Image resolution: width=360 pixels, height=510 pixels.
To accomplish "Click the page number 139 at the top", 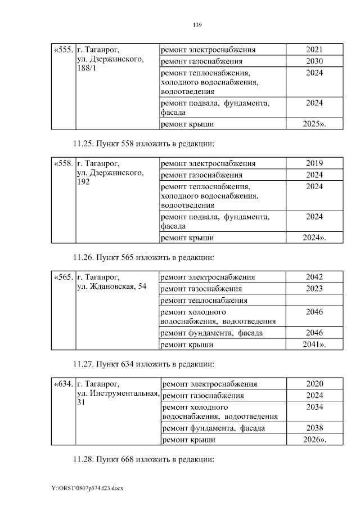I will (x=197, y=25).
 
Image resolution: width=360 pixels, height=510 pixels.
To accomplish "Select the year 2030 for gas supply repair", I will (x=314, y=61).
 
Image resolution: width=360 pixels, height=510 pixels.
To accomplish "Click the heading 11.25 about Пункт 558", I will (x=143, y=143).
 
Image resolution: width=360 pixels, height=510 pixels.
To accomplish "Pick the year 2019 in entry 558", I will (x=314, y=164).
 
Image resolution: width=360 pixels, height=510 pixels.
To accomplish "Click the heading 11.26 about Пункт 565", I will (x=143, y=257).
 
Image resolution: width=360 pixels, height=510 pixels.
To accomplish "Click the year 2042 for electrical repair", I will (x=314, y=277).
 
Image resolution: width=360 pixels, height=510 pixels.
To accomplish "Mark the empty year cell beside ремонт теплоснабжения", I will (x=314, y=300).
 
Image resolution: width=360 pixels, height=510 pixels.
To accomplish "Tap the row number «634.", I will (x=63, y=384).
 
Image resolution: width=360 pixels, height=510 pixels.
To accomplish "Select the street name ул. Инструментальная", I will (x=118, y=394).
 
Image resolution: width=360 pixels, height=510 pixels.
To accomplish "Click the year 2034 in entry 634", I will (x=314, y=406).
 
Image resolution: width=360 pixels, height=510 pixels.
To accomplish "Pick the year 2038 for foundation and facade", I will (x=314, y=428).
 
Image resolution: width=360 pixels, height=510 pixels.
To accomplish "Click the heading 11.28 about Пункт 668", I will (x=143, y=459).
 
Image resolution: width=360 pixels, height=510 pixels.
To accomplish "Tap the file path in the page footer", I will (x=87, y=488).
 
